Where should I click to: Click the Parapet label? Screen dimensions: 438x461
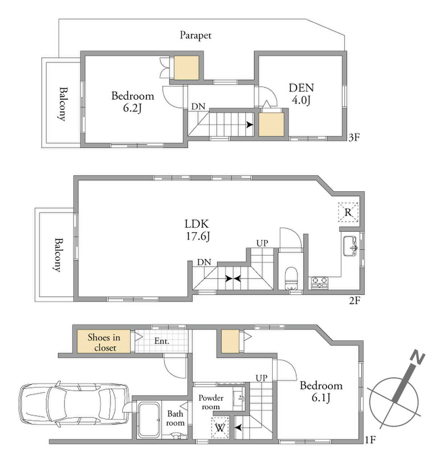click(x=196, y=36)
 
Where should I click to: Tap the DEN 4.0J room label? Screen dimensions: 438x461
click(x=301, y=94)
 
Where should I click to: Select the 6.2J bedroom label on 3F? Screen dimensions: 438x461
click(x=133, y=102)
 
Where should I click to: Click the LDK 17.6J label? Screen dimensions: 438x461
click(x=197, y=230)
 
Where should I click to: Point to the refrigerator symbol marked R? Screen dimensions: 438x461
click(x=348, y=212)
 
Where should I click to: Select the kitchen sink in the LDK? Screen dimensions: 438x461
click(x=350, y=246)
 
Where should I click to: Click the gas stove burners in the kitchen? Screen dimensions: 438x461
click(x=319, y=282)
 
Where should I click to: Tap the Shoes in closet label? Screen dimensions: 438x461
click(x=104, y=343)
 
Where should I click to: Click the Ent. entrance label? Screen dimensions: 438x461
click(x=161, y=341)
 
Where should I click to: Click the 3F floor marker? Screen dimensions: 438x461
click(x=354, y=138)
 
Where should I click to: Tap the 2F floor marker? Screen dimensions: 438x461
click(x=354, y=300)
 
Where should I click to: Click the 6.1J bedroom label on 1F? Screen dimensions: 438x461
click(x=321, y=392)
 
